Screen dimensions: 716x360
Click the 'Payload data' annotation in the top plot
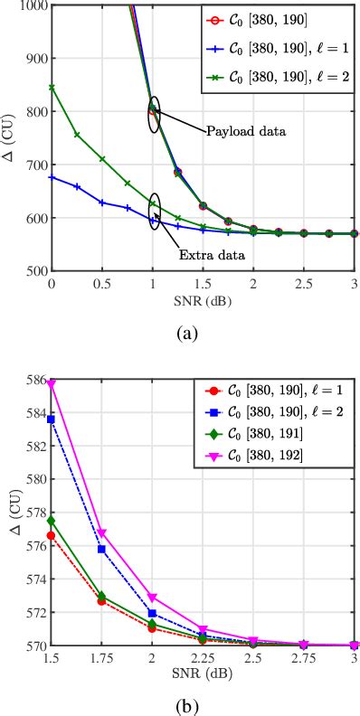[x=246, y=131]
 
